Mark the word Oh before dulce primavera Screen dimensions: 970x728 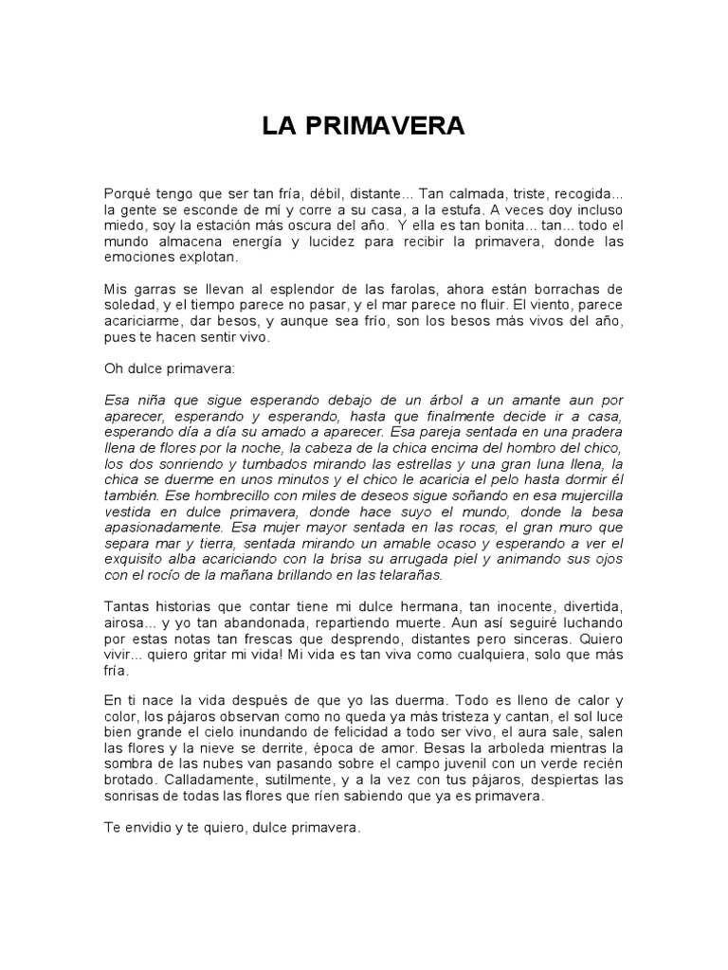(x=113, y=368)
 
